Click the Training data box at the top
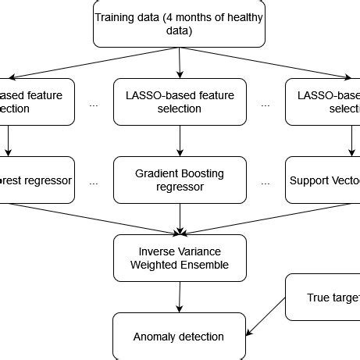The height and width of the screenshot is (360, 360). tap(180, 23)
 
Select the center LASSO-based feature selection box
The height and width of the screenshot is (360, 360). tap(180, 102)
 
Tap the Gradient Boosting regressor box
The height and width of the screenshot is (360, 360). tap(180, 180)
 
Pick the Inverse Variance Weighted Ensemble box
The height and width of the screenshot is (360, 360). tap(180, 258)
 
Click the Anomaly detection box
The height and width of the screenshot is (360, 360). tap(179, 337)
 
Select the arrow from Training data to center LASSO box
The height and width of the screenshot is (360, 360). tap(180, 62)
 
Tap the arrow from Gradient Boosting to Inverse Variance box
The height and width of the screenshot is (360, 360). tap(180, 219)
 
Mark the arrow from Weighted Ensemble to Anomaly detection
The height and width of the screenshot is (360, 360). tap(180, 298)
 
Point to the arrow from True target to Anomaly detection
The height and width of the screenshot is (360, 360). tap(266, 315)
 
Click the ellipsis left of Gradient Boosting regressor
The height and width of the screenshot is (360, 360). tap(94, 183)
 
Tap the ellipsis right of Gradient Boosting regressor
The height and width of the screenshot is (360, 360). tap(266, 183)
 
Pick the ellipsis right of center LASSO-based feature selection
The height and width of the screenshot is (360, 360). tap(266, 105)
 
